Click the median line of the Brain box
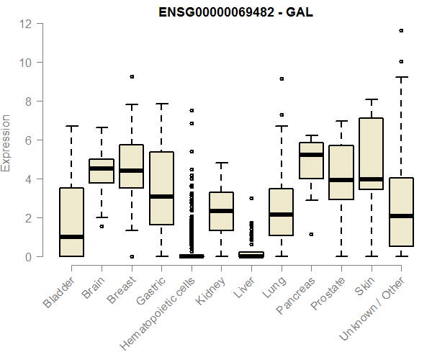pos(102,168)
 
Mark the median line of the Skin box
pos(372,179)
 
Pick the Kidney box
pos(222,212)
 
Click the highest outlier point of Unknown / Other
pos(401,30)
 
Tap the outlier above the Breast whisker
pos(132,76)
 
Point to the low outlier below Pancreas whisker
pos(312,234)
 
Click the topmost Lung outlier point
pos(282,78)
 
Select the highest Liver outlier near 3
pos(251,198)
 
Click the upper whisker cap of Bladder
pos(71,126)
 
